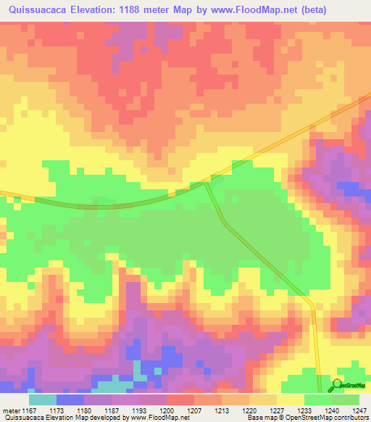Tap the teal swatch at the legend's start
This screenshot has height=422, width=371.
(43, 399)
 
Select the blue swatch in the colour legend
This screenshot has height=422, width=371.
(70, 399)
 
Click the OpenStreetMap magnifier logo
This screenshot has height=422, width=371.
(338, 386)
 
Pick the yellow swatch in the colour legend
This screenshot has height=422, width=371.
(291, 399)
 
